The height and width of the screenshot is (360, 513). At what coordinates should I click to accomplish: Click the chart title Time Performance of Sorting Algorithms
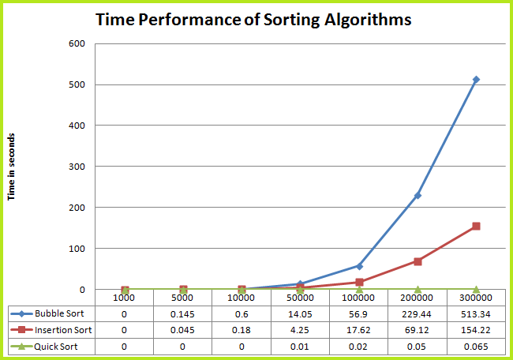253,21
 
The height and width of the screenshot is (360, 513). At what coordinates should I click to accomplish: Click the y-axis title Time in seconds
13,167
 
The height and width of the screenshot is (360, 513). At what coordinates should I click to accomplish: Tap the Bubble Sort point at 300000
476,80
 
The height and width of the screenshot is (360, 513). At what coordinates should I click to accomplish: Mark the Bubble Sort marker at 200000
418,195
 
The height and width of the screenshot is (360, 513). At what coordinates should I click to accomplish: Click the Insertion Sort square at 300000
476,227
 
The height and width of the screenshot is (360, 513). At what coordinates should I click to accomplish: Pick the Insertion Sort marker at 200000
418,261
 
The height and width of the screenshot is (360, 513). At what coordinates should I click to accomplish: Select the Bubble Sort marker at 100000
359,266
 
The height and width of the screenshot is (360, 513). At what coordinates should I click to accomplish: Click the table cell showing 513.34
476,313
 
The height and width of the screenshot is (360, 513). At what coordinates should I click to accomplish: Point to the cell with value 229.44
418,313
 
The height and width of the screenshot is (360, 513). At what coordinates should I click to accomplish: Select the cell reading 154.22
476,330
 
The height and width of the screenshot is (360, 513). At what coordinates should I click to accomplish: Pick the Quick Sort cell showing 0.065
476,347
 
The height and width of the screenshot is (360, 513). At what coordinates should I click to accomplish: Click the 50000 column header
301,298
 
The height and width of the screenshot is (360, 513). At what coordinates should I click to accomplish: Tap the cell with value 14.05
301,313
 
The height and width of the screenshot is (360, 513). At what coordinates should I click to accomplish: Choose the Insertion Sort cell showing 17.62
359,330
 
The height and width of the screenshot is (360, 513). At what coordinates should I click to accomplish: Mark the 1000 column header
125,298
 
